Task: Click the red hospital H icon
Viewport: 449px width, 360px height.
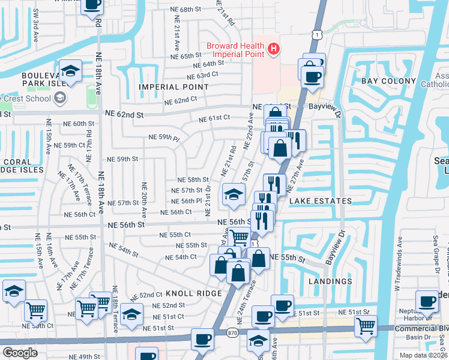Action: [x=274, y=48]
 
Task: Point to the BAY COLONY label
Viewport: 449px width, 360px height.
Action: [x=388, y=81]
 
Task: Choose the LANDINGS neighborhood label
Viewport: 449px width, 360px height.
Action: [x=331, y=281]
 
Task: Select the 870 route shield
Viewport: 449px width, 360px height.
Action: [x=233, y=332]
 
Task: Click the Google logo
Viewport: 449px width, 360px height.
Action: [x=20, y=353]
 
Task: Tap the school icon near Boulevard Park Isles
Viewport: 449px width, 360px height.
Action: [x=70, y=71]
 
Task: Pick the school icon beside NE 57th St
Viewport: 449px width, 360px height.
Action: [x=234, y=194]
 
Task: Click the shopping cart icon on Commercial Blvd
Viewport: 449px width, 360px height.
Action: [x=365, y=326]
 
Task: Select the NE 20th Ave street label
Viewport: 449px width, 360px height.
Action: [x=144, y=200]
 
